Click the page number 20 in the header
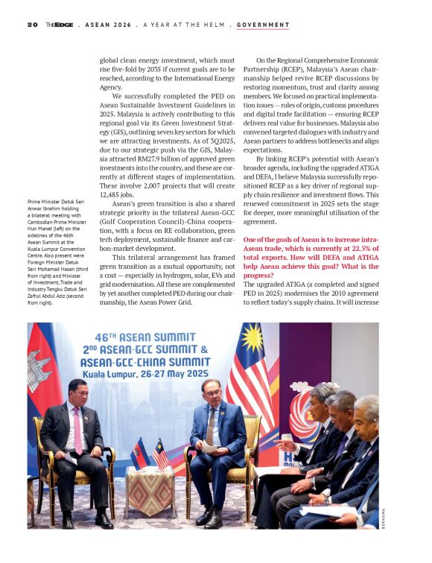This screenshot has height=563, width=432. (32, 25)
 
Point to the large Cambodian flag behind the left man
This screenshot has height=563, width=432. (43, 365)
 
